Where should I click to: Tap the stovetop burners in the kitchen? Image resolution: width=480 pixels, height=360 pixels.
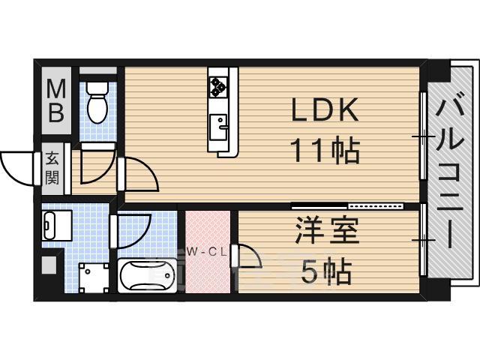pos(219,84)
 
